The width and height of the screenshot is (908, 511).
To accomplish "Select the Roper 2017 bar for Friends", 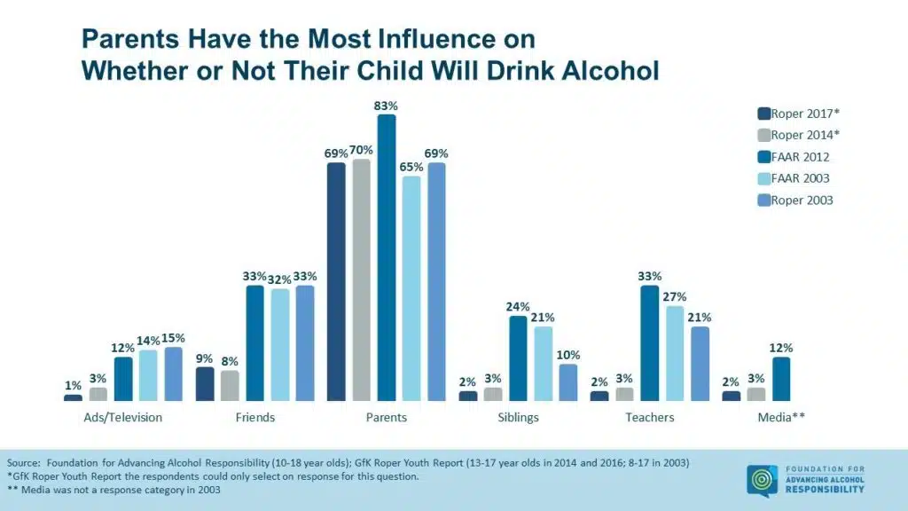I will click(x=205, y=384).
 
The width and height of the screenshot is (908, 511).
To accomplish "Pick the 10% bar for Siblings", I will click(x=567, y=382).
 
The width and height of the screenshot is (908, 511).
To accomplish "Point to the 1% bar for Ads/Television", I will click(x=73, y=398).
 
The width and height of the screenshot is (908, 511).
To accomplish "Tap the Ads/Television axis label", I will click(x=122, y=417).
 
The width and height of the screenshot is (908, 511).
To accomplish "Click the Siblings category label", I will click(x=518, y=417).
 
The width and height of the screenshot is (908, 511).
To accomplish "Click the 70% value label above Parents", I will click(x=361, y=150).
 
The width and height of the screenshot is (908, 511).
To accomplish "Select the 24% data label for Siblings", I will click(x=518, y=307).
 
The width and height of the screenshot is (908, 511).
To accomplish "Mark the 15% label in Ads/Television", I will click(x=172, y=337).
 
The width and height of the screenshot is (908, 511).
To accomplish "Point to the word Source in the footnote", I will click(x=24, y=463).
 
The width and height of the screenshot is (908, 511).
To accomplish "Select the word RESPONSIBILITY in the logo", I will click(x=826, y=490).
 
